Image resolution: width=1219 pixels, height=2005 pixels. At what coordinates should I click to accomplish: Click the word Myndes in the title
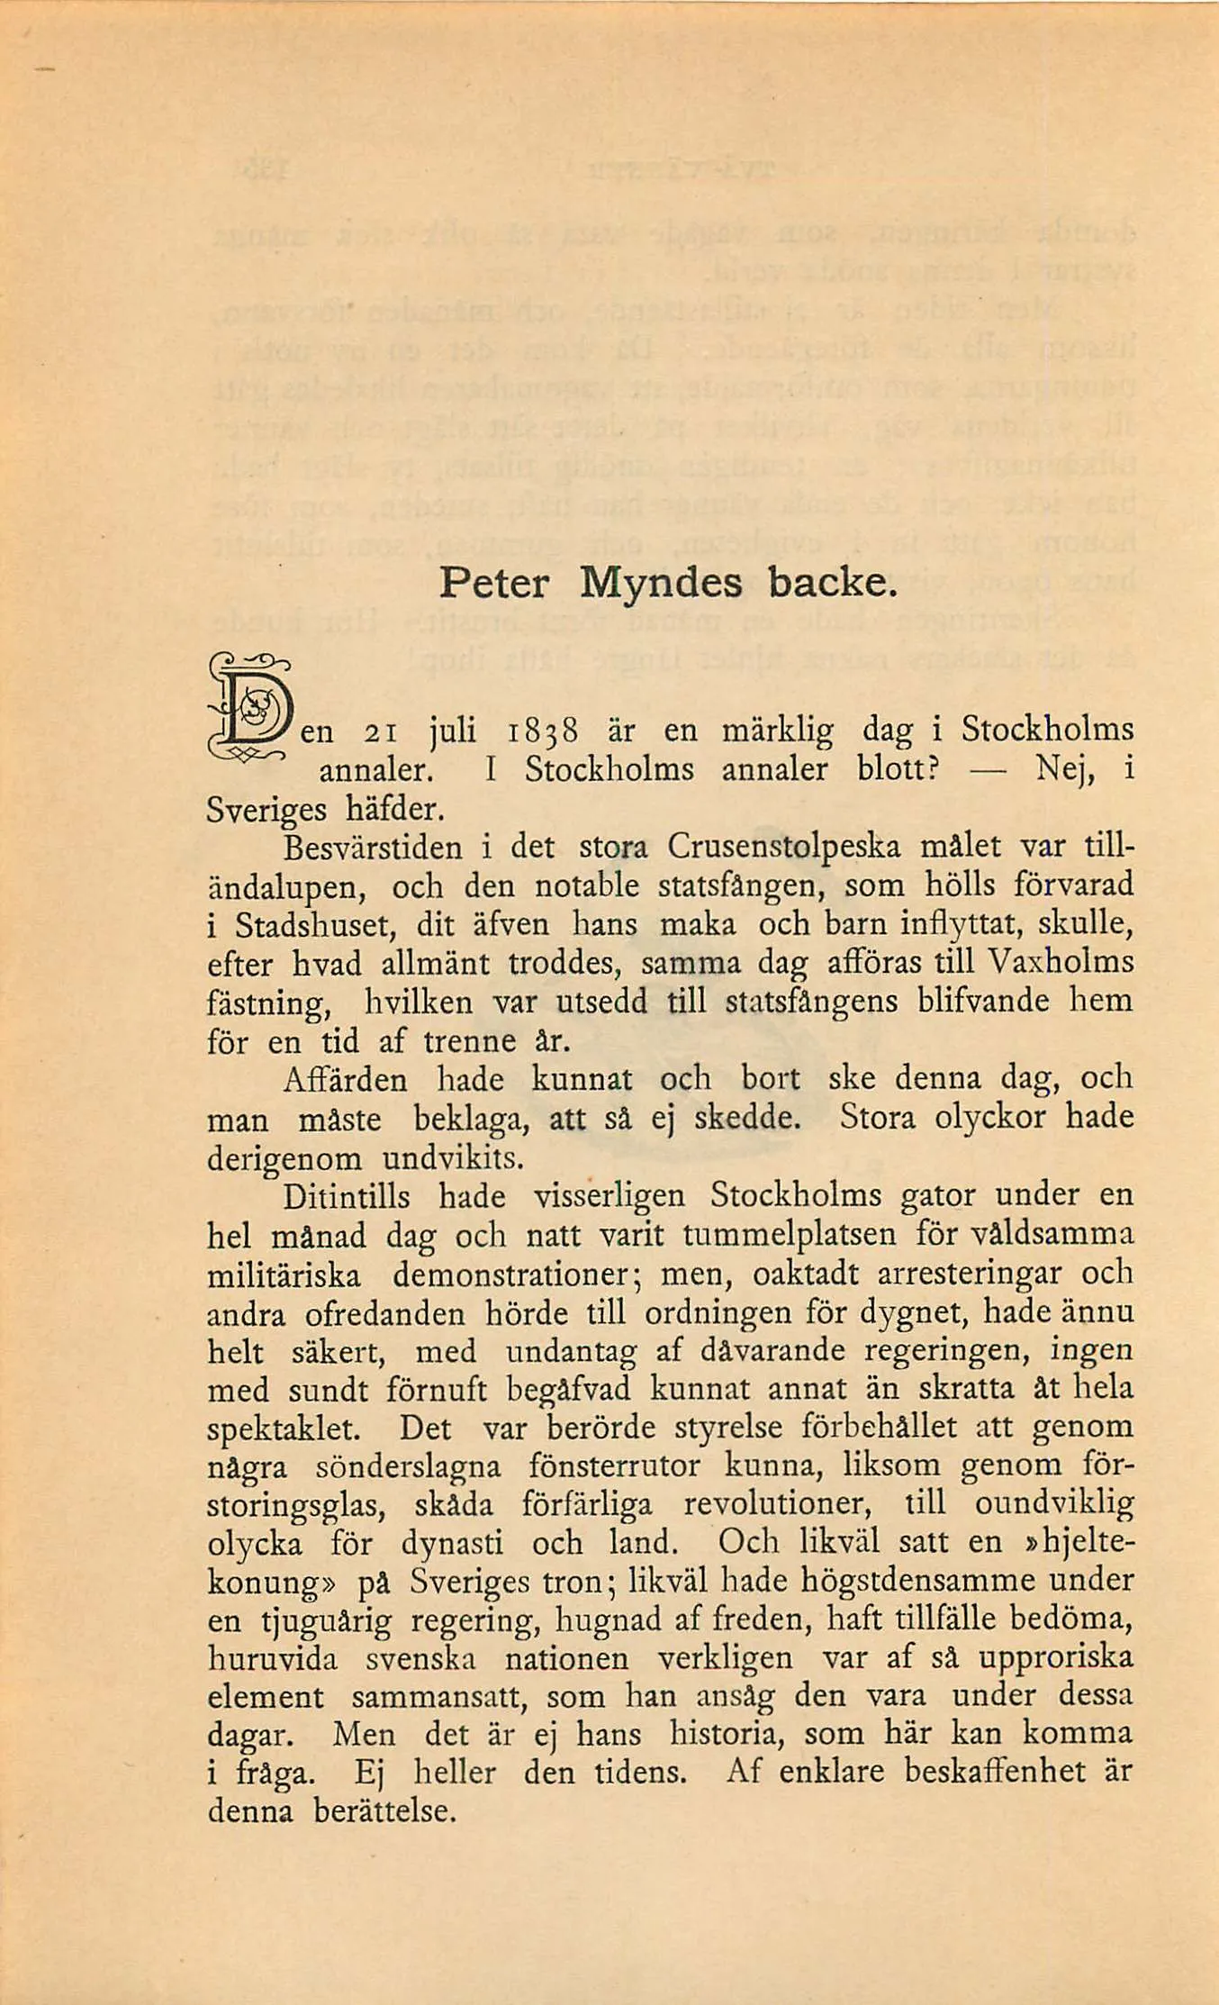[661, 585]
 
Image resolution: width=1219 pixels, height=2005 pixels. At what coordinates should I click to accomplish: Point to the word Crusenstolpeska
[783, 847]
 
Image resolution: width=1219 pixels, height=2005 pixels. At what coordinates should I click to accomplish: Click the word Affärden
[345, 1079]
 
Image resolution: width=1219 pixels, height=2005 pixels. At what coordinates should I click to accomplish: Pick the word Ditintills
[347, 1197]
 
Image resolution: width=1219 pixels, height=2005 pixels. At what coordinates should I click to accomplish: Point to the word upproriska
[1055, 1659]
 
